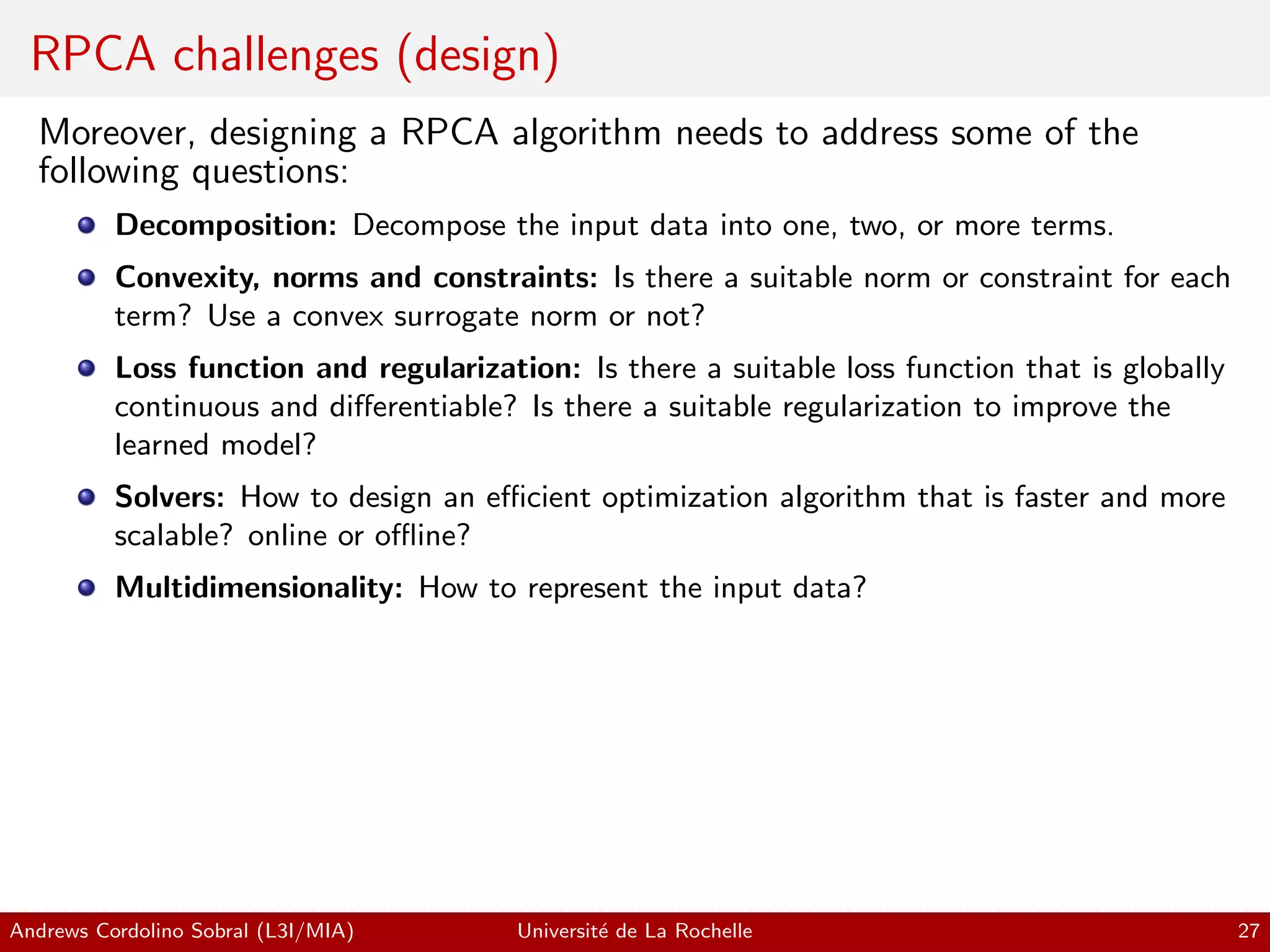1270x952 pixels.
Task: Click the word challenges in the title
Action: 275,56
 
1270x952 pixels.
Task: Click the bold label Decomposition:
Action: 226,225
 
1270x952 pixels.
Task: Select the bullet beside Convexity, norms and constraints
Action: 87,277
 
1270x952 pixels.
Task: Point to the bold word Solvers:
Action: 169,497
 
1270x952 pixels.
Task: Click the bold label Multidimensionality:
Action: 259,588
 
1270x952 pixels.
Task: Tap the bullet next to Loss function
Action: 87,368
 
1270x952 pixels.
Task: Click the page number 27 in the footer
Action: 1248,931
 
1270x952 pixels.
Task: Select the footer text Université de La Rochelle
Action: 634,931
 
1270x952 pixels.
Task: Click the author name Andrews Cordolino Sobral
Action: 129,931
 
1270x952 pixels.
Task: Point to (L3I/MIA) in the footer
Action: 305,931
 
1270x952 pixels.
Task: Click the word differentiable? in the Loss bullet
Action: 422,407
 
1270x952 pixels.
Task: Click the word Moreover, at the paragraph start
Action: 117,133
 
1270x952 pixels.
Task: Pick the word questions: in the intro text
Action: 270,172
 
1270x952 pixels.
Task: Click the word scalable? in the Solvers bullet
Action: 174,535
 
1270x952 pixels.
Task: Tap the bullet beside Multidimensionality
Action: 87,588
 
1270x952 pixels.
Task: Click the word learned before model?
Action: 161,445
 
